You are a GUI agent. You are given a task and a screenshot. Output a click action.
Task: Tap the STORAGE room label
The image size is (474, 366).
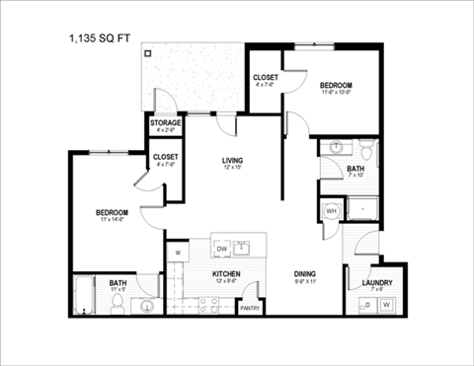[x=166, y=123]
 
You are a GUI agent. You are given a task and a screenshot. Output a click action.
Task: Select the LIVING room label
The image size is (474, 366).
[x=233, y=160]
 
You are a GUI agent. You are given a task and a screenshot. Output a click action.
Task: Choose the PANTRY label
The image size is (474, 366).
[x=252, y=309]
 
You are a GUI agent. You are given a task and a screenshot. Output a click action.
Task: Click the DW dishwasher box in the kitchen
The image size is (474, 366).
[x=222, y=249]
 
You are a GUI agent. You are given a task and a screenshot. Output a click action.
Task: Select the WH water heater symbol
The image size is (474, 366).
[x=330, y=210]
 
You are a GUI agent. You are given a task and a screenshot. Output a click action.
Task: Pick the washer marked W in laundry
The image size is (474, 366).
[x=386, y=305]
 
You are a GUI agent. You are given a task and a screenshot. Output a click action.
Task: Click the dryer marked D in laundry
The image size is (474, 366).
[x=366, y=305]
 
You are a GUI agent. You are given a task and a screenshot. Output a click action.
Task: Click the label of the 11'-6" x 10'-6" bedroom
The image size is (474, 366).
[x=336, y=87]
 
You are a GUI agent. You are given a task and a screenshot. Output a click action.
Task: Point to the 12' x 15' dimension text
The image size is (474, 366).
[x=233, y=168]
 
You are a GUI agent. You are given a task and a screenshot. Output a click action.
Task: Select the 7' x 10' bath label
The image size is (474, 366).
[x=356, y=169]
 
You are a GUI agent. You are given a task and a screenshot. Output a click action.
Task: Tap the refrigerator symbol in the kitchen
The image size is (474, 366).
[x=177, y=254]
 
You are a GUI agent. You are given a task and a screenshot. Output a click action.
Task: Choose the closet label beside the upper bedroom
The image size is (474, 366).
[x=265, y=77]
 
